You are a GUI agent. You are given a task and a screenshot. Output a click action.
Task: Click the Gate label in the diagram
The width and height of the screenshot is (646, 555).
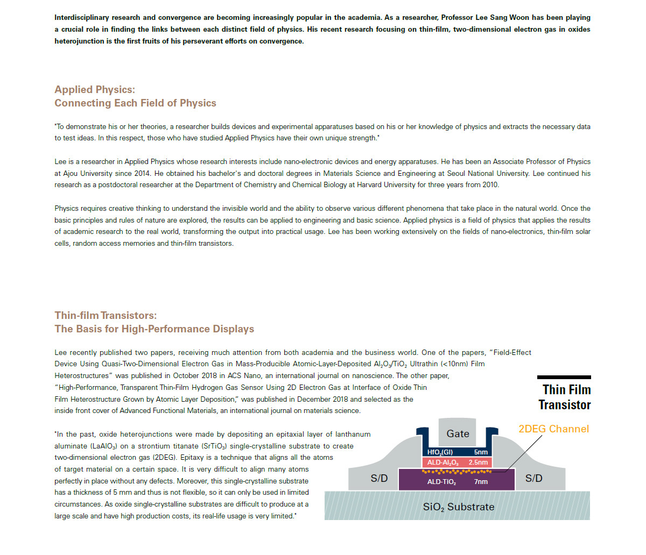(458, 433)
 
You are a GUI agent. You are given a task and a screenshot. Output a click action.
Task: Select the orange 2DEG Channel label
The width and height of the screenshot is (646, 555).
(553, 429)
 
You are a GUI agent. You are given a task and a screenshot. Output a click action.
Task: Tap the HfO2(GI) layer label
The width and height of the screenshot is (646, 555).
(440, 452)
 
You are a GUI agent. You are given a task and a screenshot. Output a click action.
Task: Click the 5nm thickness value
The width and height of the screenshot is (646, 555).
(481, 452)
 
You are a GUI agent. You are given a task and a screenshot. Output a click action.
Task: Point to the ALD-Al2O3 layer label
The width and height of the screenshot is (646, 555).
(443, 462)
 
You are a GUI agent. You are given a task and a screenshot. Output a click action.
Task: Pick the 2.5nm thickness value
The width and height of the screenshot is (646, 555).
(478, 462)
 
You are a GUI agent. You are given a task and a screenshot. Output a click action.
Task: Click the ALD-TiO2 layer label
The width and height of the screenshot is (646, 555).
(441, 482)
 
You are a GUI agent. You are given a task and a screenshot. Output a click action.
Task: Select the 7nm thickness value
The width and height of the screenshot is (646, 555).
(481, 482)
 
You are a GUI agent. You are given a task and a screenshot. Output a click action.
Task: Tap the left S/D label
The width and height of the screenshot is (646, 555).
(379, 478)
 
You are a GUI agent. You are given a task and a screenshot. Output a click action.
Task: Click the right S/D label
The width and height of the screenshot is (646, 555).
(533, 478)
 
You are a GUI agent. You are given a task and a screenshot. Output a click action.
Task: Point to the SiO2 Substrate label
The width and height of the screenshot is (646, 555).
(458, 507)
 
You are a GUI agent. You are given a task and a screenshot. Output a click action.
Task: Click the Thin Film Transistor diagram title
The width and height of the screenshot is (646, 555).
(565, 397)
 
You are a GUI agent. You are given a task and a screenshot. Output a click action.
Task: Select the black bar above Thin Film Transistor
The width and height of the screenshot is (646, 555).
(564, 378)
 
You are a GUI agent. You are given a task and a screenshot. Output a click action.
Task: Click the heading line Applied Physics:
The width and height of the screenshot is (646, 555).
(95, 90)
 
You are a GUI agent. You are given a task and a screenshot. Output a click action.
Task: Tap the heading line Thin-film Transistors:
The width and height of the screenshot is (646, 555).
(106, 316)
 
